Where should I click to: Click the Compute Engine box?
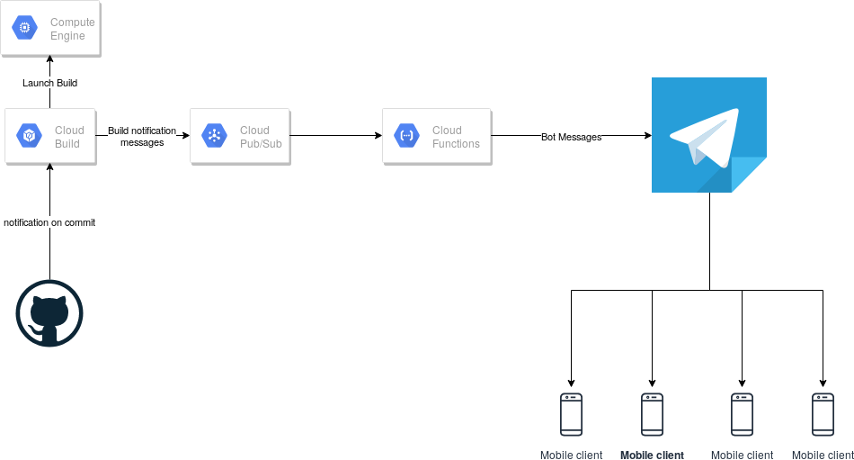(x=50, y=29)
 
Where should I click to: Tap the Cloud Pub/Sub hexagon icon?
(x=215, y=136)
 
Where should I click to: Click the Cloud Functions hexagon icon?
(x=407, y=136)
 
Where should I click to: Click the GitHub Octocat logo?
(x=49, y=313)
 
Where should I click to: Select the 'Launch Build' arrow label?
(x=49, y=83)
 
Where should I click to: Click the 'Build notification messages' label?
(x=142, y=136)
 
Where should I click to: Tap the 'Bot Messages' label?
(x=571, y=137)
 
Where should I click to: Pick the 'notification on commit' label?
(x=49, y=222)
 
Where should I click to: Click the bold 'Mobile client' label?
(x=652, y=455)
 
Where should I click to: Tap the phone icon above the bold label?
(x=652, y=414)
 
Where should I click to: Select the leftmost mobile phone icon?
(x=571, y=414)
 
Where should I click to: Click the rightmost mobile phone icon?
(x=823, y=414)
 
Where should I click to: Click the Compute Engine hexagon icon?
(x=25, y=29)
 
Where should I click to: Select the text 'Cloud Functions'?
(x=456, y=137)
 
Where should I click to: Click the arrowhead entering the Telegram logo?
(x=646, y=136)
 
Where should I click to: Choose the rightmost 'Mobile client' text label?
(x=823, y=455)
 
